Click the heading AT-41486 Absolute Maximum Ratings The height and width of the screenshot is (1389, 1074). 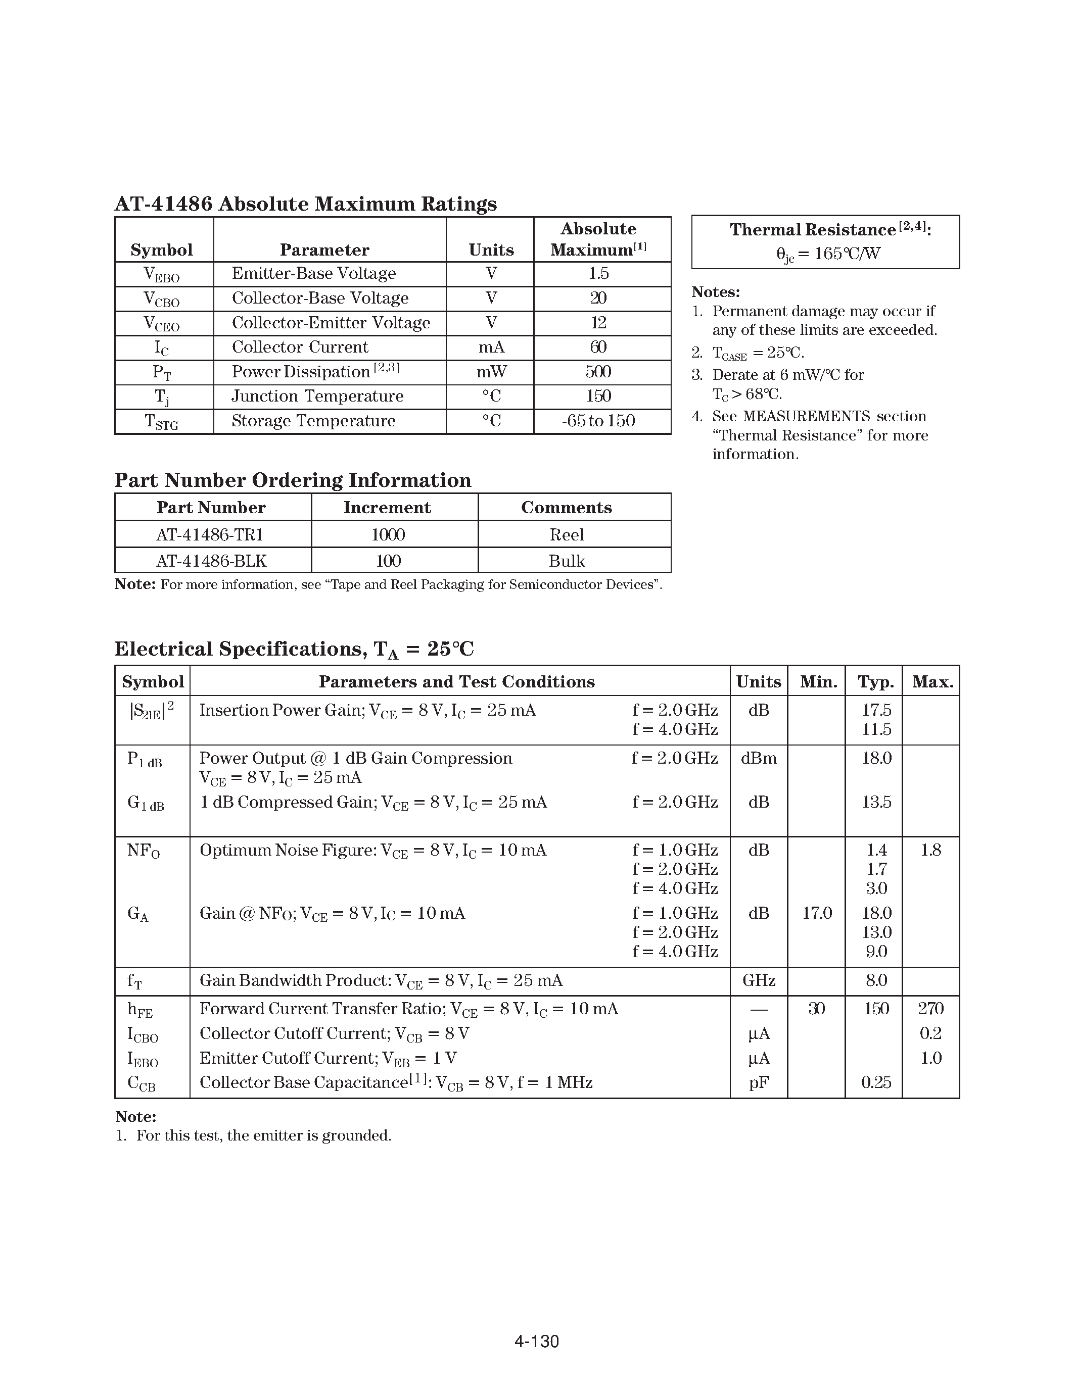pos(305,204)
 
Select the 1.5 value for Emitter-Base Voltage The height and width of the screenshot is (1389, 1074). pos(598,273)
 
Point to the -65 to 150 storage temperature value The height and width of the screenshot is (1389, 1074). pos(598,421)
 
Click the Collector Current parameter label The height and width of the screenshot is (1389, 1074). pos(300,348)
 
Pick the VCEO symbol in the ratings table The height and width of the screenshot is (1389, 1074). pos(162,324)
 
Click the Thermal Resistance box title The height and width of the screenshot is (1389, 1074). pos(825,230)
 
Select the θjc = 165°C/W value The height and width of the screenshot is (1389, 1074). pos(828,254)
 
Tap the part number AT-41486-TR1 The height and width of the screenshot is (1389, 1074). pos(210,535)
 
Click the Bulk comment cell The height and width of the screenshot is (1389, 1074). pos(566,561)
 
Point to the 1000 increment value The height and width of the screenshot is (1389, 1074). pos(388,535)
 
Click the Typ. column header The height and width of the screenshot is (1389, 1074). pos(875,682)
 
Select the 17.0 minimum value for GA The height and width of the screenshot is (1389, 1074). pos(816,913)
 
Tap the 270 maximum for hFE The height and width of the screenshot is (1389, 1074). pos(930,1009)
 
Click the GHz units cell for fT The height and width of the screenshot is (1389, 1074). pos(759,980)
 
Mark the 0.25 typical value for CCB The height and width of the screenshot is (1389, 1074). pos(875,1082)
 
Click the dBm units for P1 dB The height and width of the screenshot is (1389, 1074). pos(759,758)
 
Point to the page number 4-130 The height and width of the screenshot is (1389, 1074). pos(536,1342)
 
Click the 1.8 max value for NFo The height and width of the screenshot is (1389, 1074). pos(930,850)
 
